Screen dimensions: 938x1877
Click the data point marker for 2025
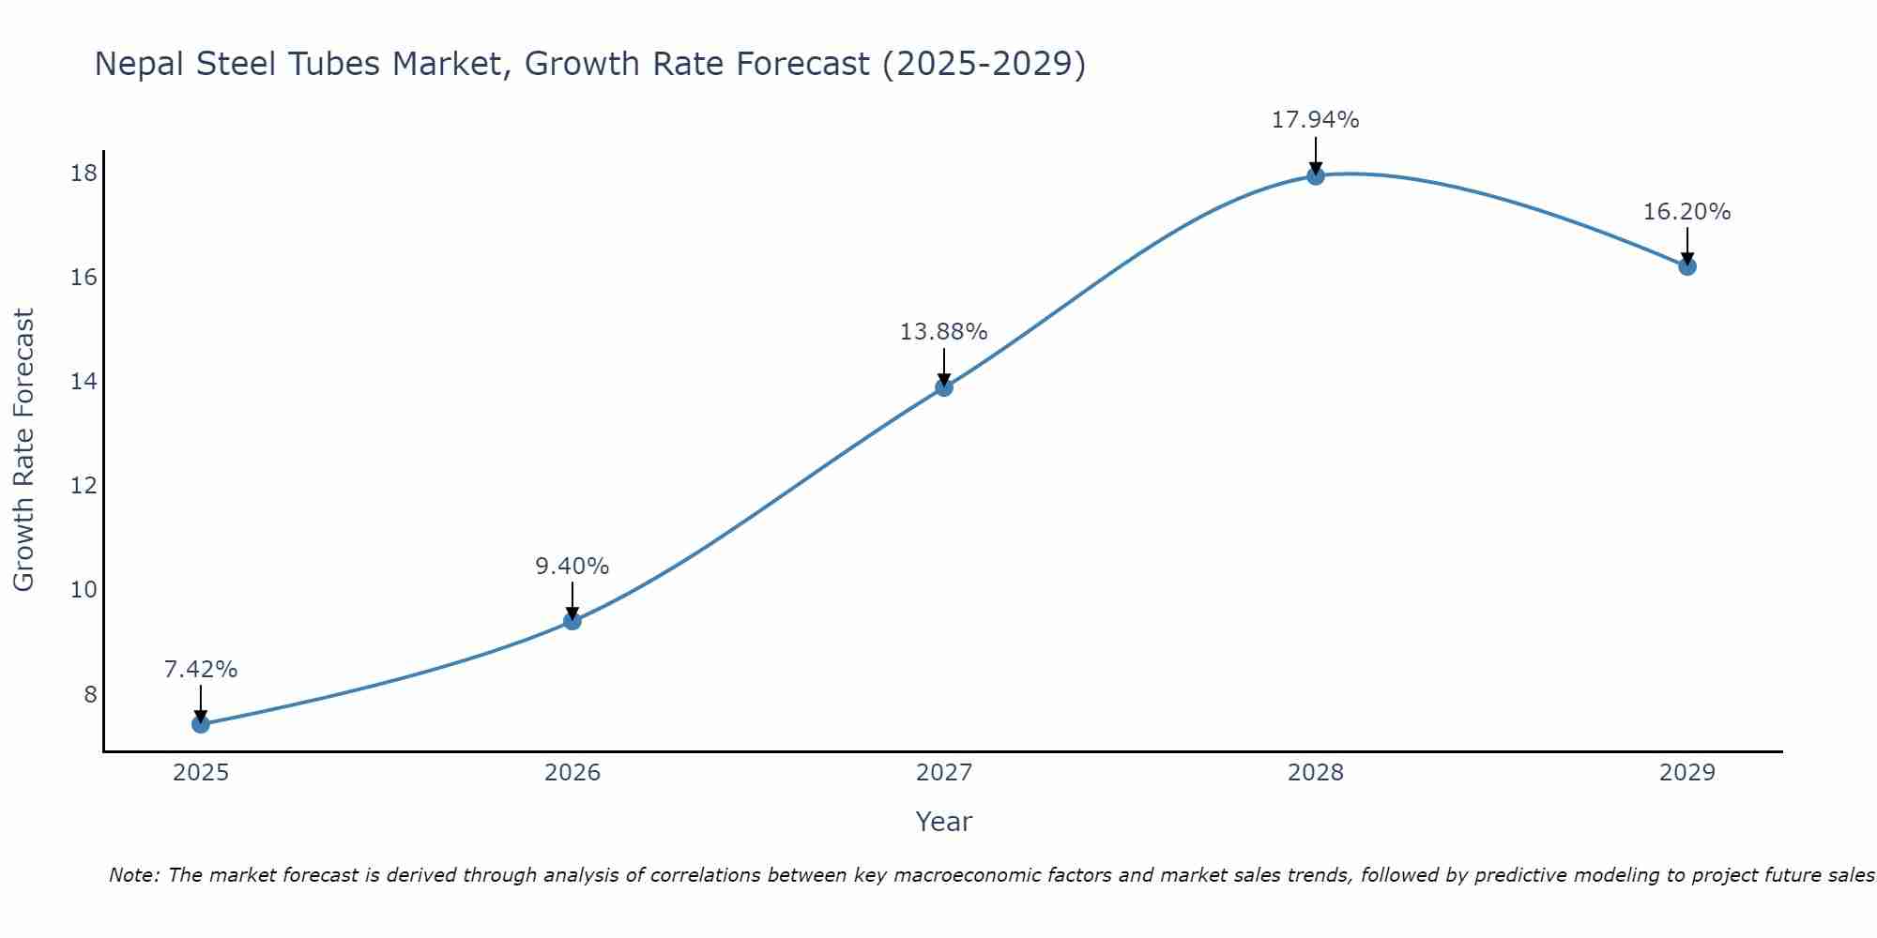coord(200,723)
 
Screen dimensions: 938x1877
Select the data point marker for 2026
coord(572,620)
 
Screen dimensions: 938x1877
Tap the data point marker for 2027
coord(944,387)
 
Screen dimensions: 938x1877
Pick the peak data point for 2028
coord(1316,175)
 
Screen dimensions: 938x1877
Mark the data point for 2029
coord(1687,266)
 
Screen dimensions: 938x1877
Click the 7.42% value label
coord(201,670)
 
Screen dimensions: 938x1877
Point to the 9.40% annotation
coord(572,567)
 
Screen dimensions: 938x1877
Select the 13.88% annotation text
coord(944,332)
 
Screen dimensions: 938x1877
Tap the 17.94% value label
coord(1316,120)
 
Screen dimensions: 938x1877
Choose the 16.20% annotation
coord(1687,212)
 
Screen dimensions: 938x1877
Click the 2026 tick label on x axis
coord(572,773)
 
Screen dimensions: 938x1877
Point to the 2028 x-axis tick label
coord(1316,773)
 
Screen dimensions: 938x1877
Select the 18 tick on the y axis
coord(84,174)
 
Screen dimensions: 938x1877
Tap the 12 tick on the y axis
coord(84,486)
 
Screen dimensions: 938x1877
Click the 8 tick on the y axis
coord(90,694)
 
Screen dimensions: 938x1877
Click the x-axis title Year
coord(944,822)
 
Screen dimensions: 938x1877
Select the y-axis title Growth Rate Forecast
coord(23,450)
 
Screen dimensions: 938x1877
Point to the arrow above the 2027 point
coord(944,366)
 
